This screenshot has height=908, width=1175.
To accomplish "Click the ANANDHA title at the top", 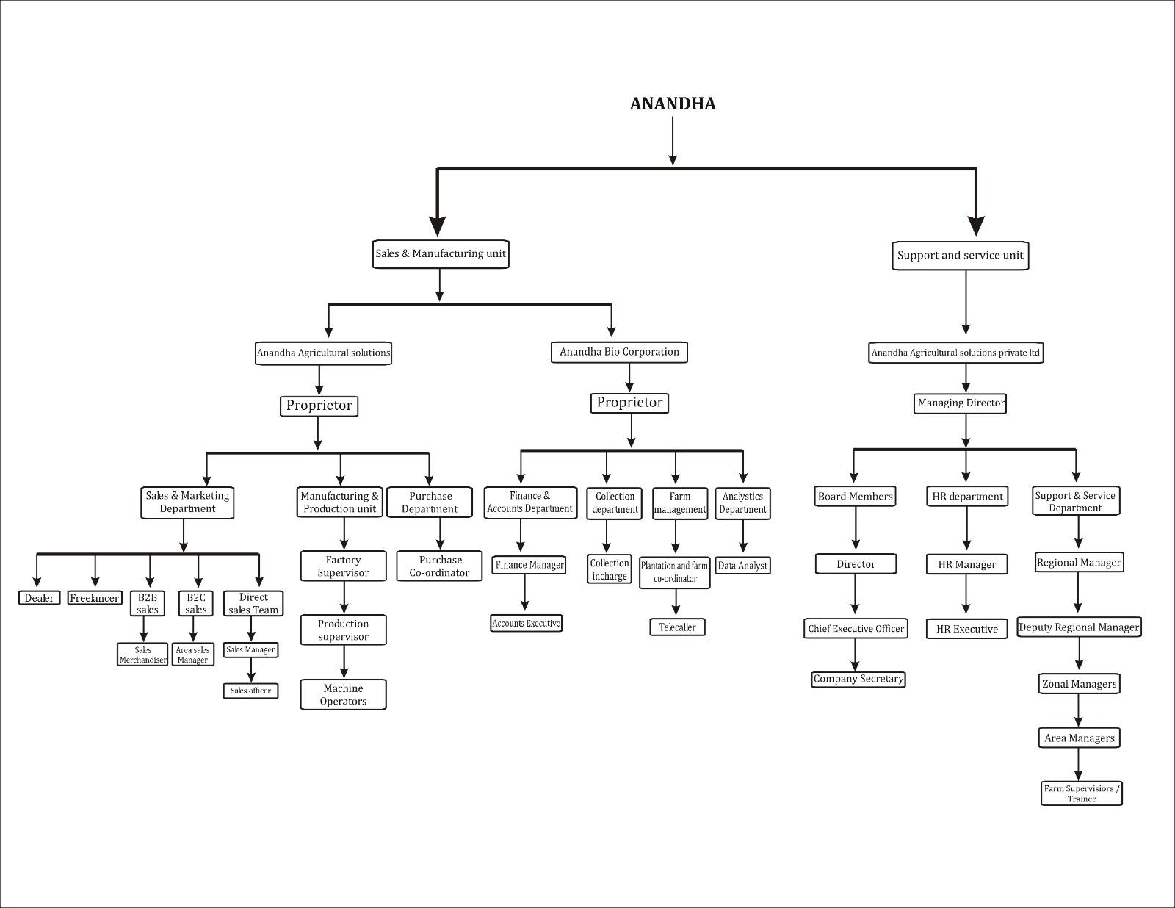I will click(673, 104).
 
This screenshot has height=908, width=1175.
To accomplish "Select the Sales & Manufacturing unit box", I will click(441, 254).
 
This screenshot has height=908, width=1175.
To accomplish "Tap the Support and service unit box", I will click(960, 256).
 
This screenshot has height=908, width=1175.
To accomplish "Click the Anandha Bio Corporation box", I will click(619, 352).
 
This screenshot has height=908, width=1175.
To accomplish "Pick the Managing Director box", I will click(961, 403).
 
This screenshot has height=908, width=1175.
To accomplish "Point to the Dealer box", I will click(39, 598).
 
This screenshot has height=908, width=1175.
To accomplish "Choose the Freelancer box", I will click(94, 598).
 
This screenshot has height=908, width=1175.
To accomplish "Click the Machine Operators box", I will click(343, 694).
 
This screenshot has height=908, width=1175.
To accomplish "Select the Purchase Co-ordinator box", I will click(439, 566).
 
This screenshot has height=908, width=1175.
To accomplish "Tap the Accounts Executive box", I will click(526, 624).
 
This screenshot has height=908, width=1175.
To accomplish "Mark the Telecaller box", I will click(677, 627).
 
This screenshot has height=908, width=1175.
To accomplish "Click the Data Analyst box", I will click(742, 566).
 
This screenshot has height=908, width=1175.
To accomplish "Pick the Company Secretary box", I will click(858, 679).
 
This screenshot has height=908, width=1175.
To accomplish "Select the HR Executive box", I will click(966, 629).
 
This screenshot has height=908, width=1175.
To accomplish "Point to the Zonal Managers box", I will click(1079, 684).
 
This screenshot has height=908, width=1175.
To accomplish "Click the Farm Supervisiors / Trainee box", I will click(1082, 793).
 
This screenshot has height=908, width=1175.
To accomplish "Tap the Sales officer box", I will click(250, 691).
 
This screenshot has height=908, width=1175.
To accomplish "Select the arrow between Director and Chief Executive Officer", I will click(856, 596).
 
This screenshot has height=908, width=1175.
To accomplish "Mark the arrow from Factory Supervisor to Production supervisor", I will click(344, 598).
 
